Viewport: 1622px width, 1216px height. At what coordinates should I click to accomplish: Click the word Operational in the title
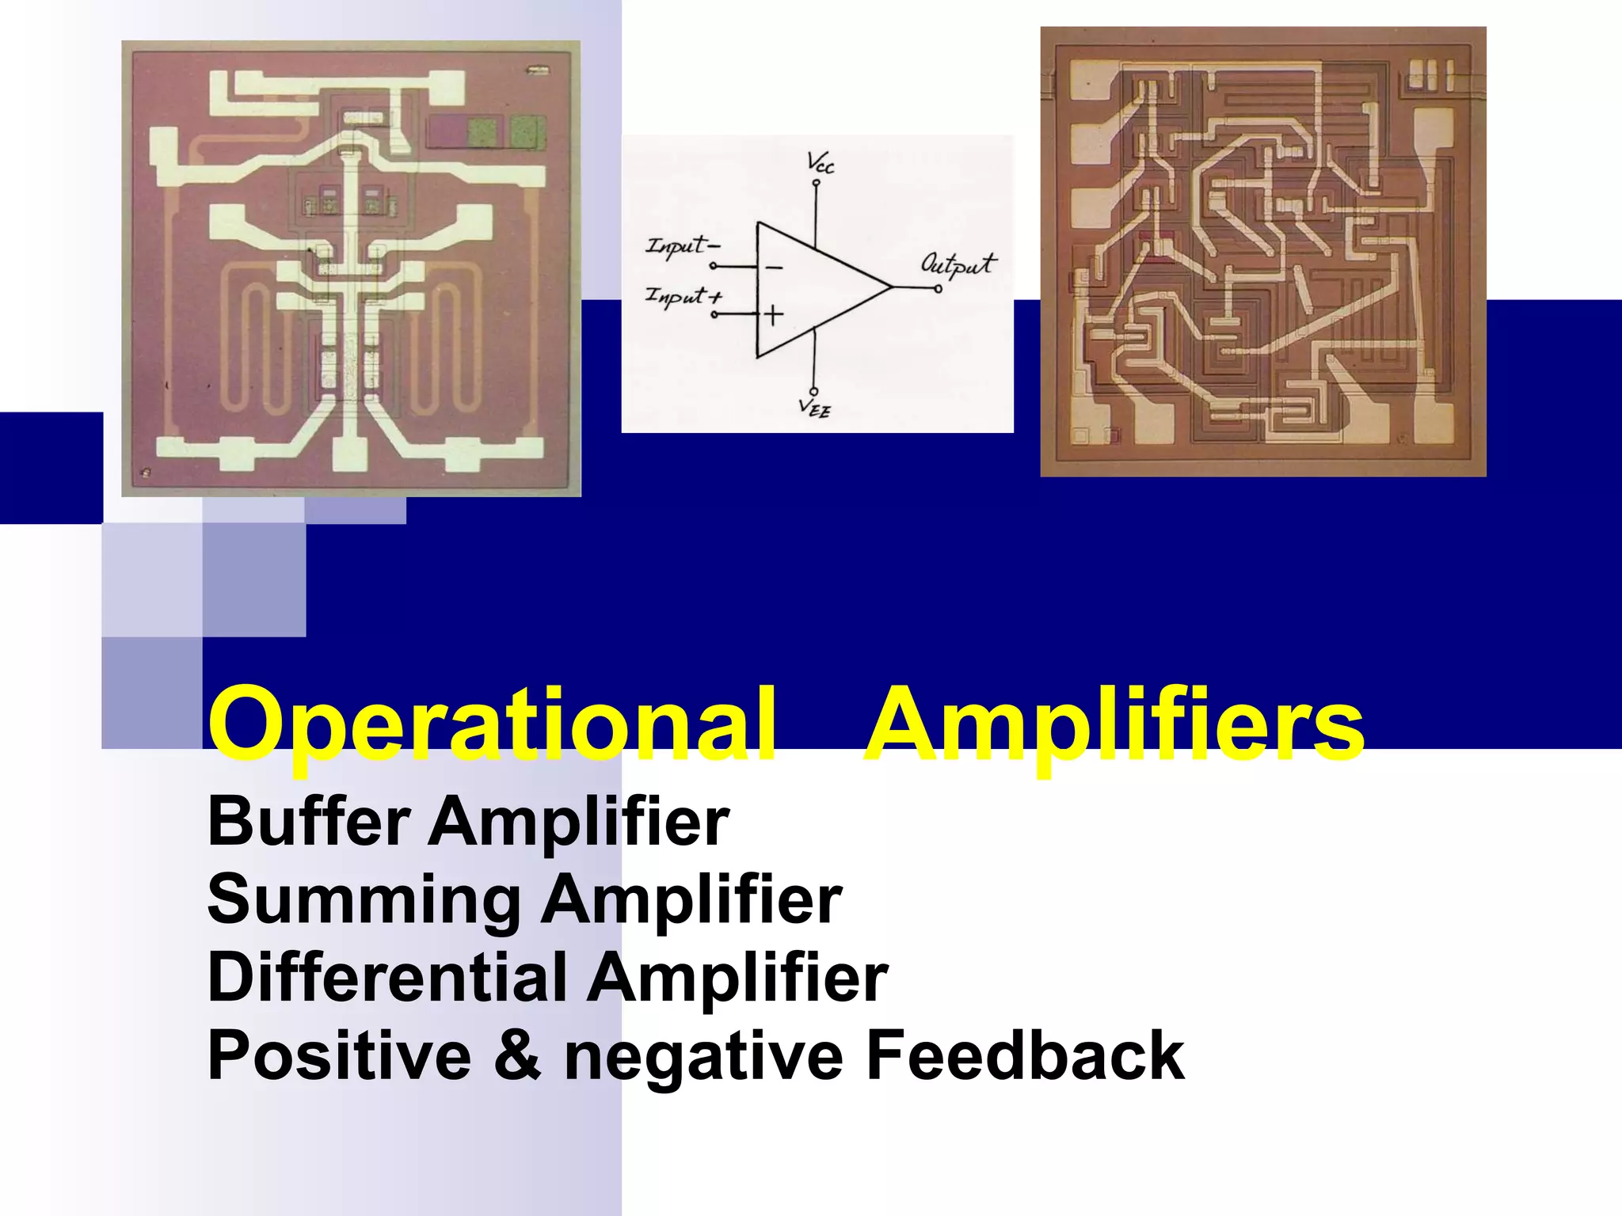(491, 724)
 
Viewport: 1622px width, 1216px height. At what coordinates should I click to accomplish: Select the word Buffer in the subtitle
(309, 822)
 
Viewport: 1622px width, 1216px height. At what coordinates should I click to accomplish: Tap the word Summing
(364, 900)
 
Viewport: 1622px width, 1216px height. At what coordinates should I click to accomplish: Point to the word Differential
(387, 978)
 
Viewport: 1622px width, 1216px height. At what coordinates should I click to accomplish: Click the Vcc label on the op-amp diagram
(820, 163)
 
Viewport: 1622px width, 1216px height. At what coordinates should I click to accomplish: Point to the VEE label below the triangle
(815, 408)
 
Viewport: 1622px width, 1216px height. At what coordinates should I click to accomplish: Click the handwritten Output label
(958, 264)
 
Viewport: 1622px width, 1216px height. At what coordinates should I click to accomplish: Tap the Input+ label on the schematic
(683, 297)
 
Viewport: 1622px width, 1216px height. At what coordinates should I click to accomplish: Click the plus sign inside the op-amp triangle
(773, 315)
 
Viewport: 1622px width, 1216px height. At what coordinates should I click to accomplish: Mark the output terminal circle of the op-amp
(939, 289)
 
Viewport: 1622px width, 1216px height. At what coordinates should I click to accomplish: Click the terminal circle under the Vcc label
(816, 184)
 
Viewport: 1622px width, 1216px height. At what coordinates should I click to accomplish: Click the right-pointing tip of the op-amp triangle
(891, 287)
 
